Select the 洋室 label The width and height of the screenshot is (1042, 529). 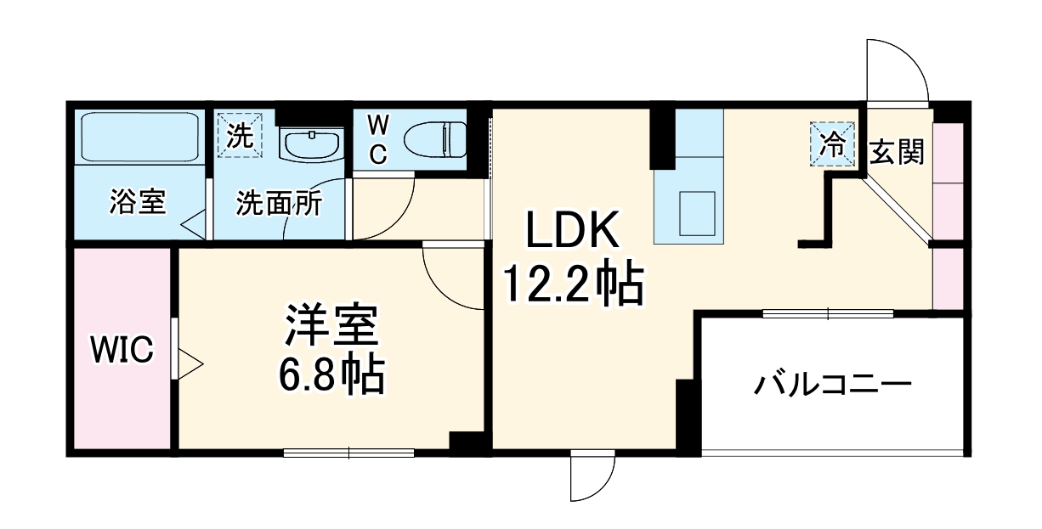pos(331,326)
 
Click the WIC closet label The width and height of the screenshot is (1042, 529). pos(122,350)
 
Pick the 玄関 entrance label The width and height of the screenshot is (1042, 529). pos(897,153)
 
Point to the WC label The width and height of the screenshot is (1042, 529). pos(377,140)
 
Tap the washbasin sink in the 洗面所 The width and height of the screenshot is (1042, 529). pos(311,144)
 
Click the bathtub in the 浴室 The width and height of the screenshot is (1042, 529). pos(139,138)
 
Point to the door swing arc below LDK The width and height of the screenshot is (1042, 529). pos(592,476)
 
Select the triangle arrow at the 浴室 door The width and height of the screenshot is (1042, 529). pos(194,224)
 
